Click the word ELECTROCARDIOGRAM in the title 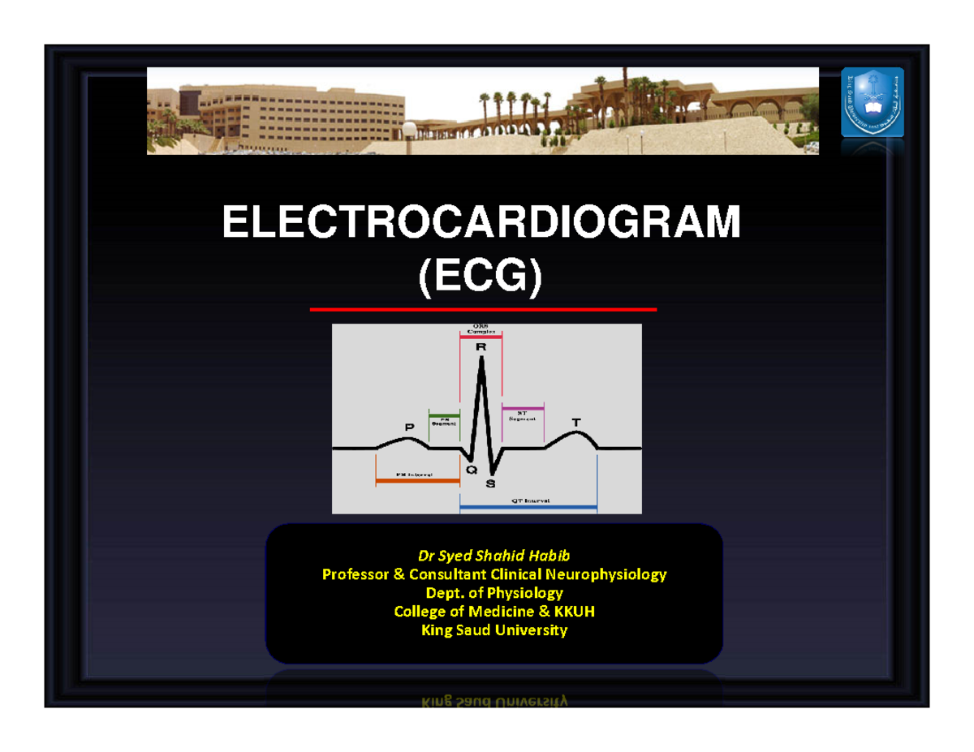pyautogui.click(x=481, y=223)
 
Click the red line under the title pyautogui.click(x=483, y=310)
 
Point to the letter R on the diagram pyautogui.click(x=481, y=347)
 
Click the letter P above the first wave pyautogui.click(x=409, y=427)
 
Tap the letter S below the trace pyautogui.click(x=490, y=484)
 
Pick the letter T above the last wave pyautogui.click(x=576, y=423)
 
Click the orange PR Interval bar pyautogui.click(x=417, y=481)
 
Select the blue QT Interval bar pyautogui.click(x=528, y=509)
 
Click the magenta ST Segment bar pyautogui.click(x=523, y=407)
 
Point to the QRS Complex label pyautogui.click(x=481, y=331)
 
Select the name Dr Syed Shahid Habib pyautogui.click(x=493, y=556)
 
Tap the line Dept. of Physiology pyautogui.click(x=493, y=593)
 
